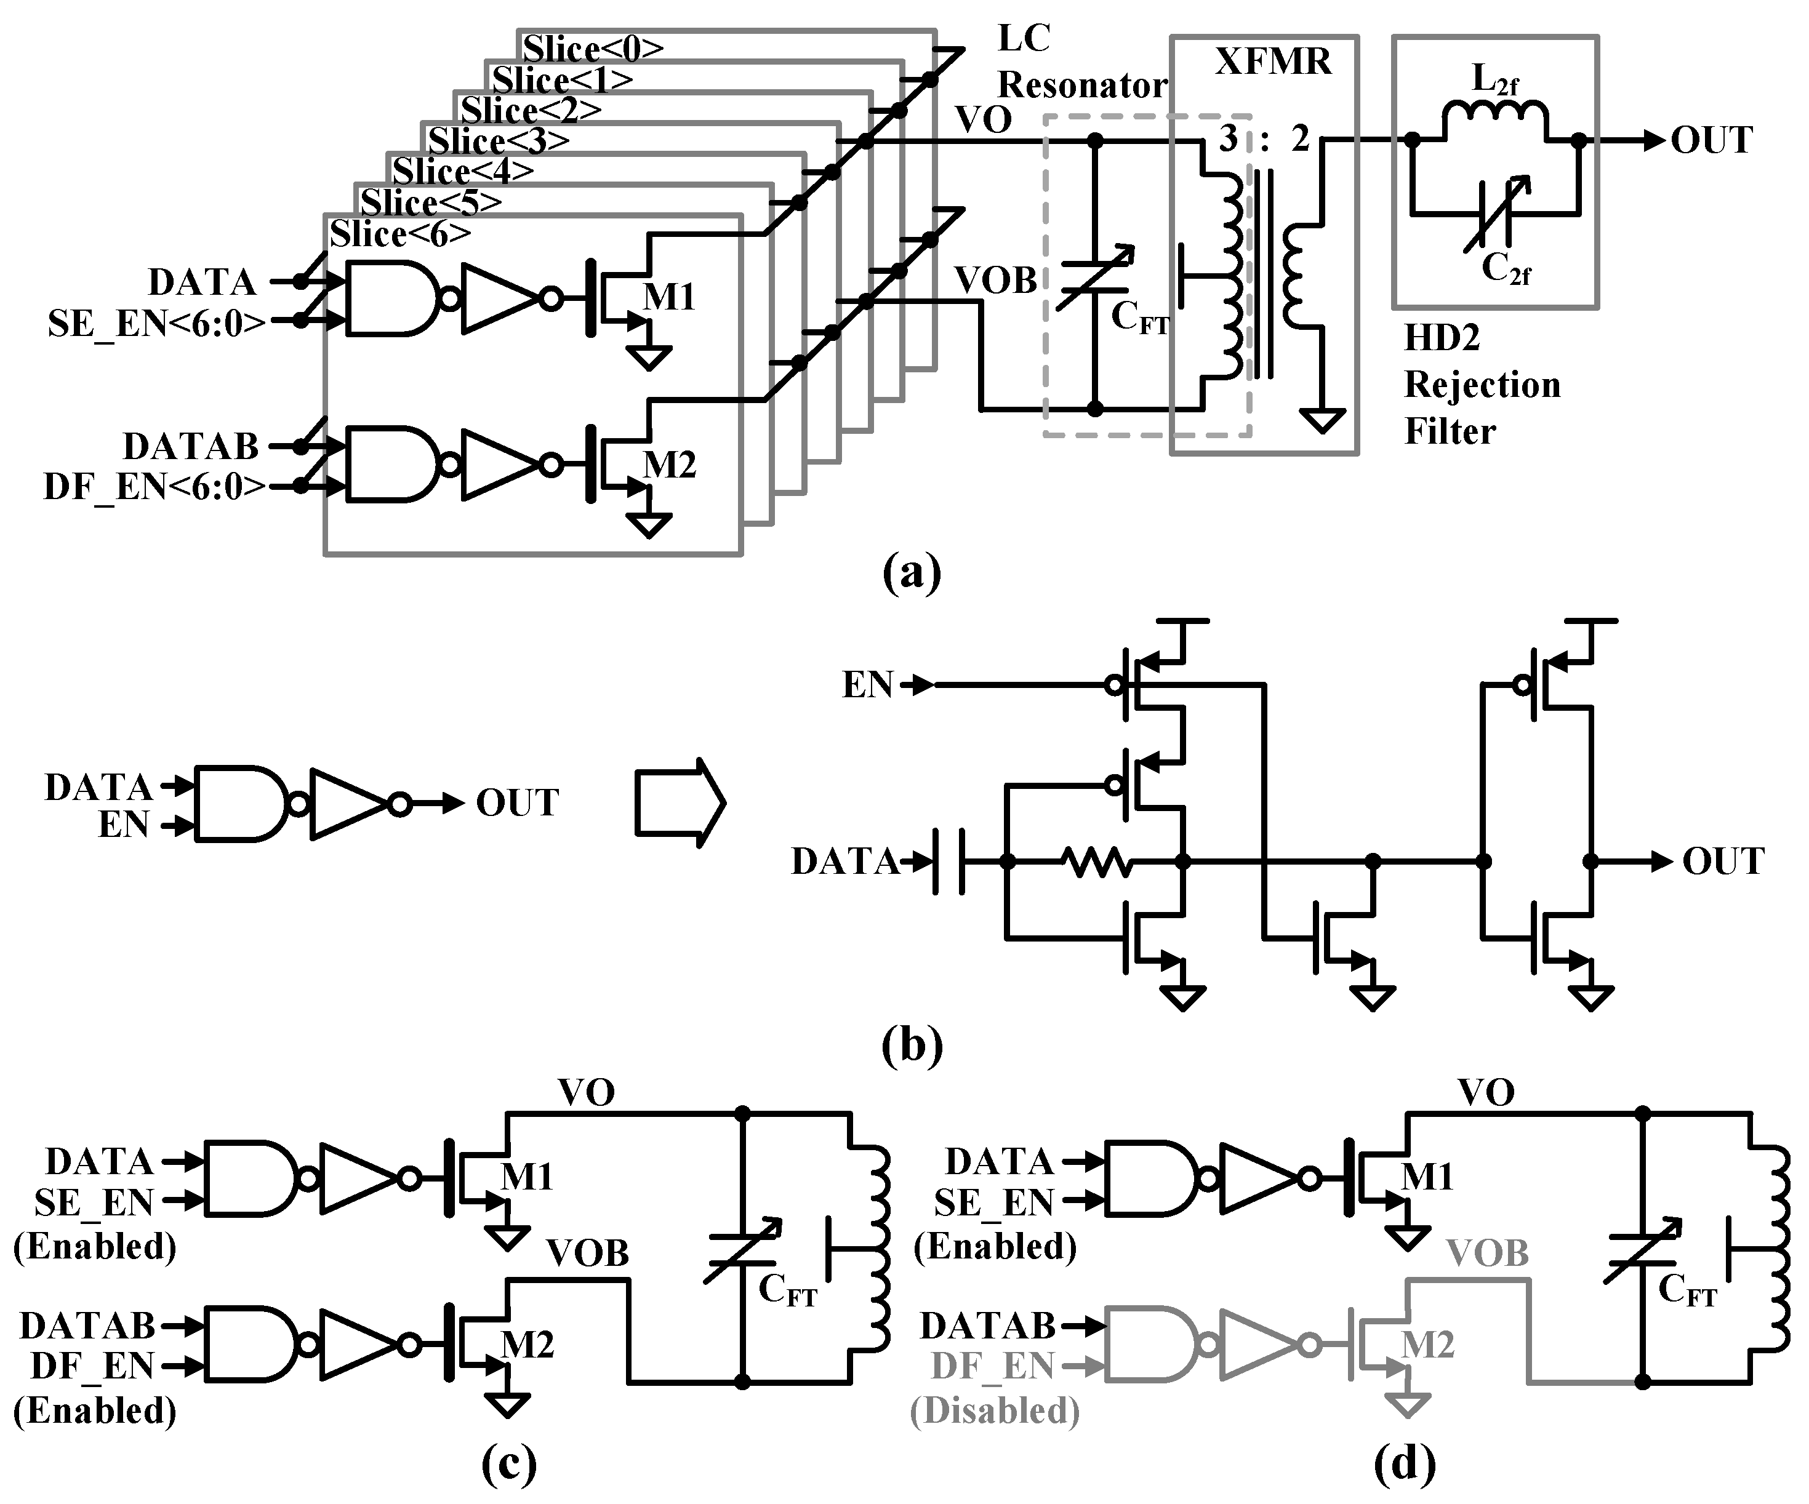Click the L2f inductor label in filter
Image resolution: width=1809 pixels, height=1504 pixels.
[1494, 80]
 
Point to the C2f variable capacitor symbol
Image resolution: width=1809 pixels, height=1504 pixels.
[1497, 214]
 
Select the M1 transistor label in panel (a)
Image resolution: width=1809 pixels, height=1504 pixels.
[668, 297]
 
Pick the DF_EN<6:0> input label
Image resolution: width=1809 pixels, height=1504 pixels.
[155, 487]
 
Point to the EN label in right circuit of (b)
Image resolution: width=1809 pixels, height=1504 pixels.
[867, 685]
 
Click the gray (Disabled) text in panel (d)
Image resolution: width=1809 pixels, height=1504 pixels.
[995, 1412]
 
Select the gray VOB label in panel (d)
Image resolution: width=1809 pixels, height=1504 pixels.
[1487, 1254]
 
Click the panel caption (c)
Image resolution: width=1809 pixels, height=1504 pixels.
[508, 1463]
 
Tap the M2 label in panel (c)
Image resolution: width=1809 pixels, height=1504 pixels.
[526, 1344]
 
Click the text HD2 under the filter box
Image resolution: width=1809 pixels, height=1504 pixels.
[1441, 338]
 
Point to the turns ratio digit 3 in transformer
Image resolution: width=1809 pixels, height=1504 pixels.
[1227, 138]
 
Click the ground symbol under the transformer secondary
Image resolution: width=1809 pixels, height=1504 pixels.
[1322, 420]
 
